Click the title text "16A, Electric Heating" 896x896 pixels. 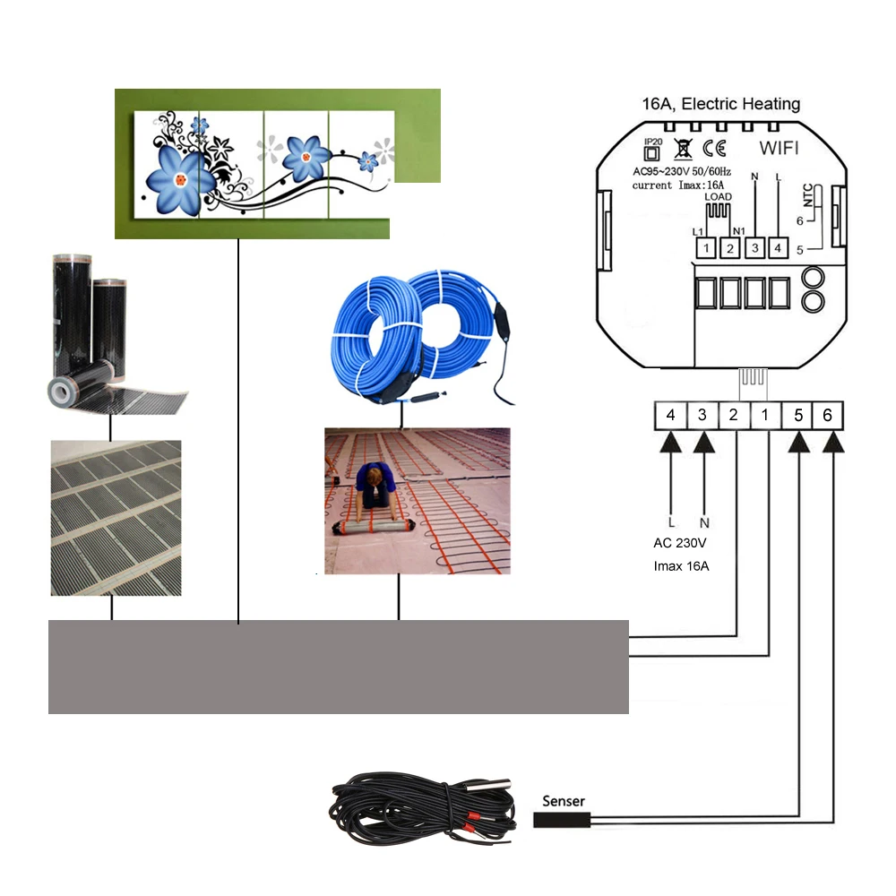click(x=720, y=105)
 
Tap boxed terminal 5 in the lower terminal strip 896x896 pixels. click(x=796, y=415)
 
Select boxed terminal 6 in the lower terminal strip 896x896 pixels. click(x=827, y=415)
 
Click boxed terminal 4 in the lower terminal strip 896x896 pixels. click(x=670, y=415)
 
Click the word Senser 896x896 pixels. click(x=564, y=801)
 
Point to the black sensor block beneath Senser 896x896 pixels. click(x=561, y=819)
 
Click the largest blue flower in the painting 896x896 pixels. click(x=181, y=177)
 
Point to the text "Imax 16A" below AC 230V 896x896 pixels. click(x=682, y=565)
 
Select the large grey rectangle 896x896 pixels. click(x=338, y=667)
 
